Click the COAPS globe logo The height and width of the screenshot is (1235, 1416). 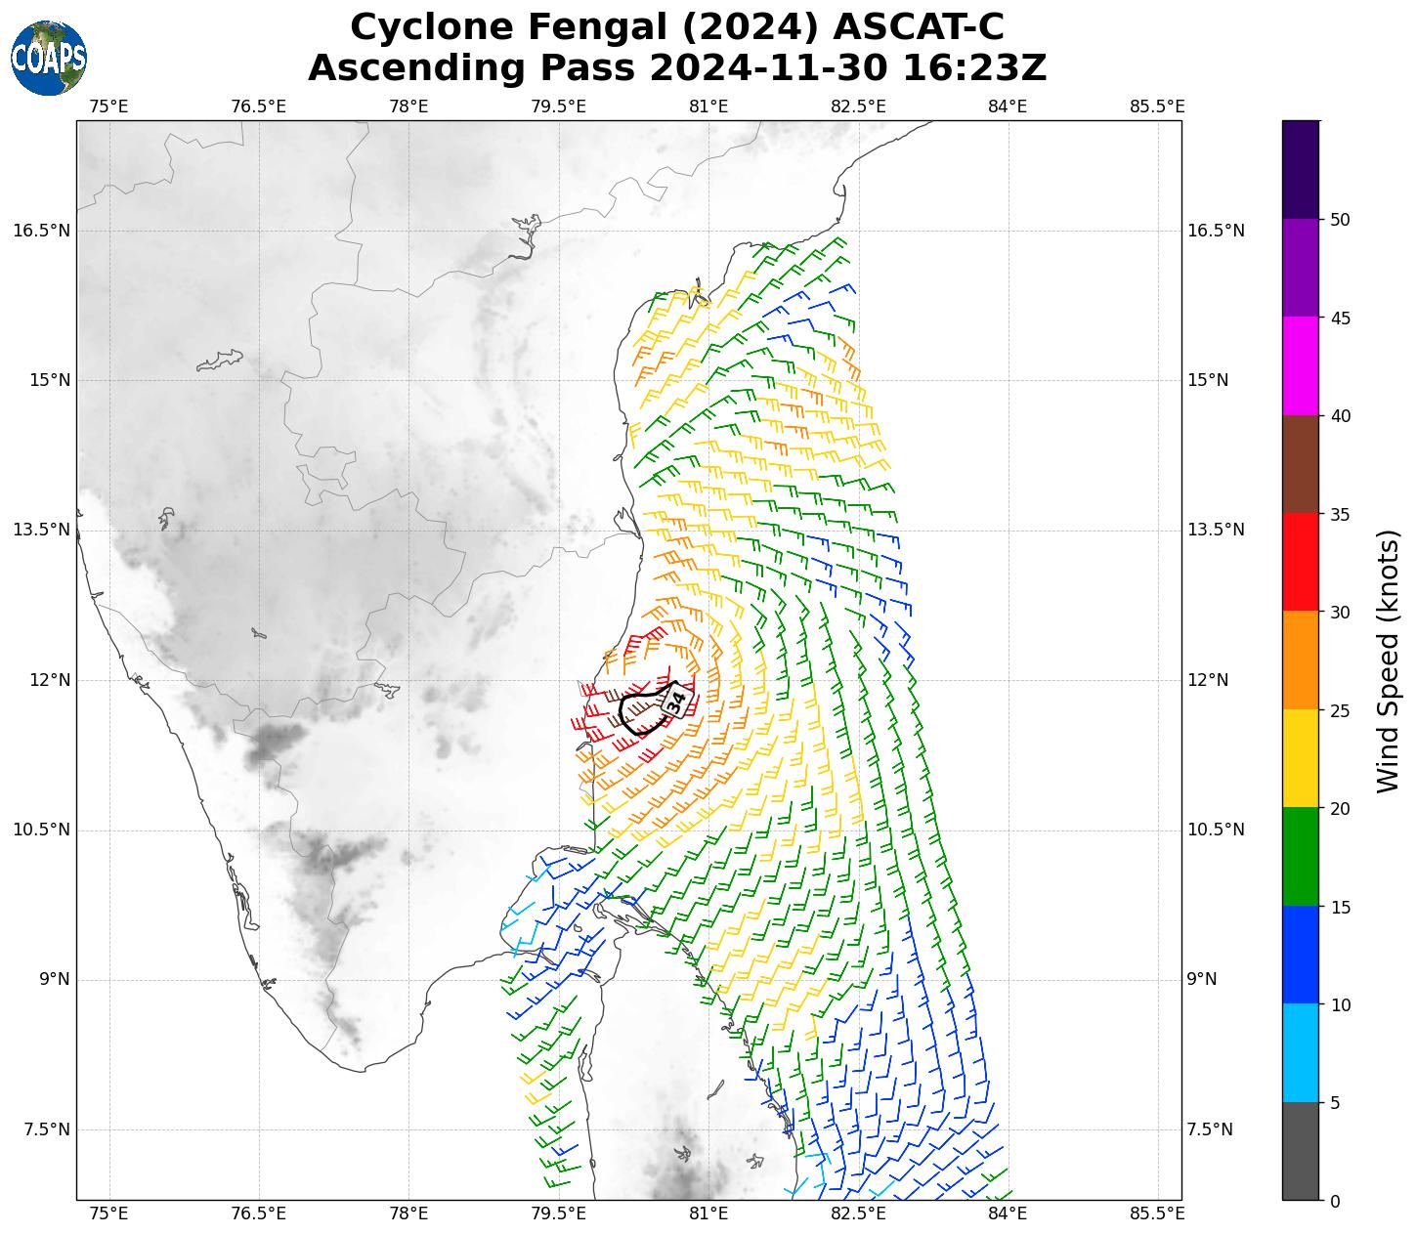(49, 58)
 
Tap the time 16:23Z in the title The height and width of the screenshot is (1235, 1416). (974, 68)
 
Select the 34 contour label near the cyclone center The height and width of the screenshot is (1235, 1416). (675, 701)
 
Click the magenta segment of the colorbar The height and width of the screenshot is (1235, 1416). (1300, 365)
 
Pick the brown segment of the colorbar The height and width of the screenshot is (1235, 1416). (1300, 464)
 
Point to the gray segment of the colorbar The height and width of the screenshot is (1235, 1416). (1300, 1151)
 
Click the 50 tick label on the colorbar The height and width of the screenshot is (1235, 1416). (1341, 219)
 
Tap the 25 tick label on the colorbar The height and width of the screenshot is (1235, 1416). (1341, 710)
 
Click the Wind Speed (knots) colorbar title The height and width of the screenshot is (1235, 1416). (1388, 660)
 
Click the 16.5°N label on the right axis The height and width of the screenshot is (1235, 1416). (1216, 231)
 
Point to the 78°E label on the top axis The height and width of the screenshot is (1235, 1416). (408, 106)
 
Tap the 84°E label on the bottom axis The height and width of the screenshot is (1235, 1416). (1008, 1214)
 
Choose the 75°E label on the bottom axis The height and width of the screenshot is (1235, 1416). (109, 1214)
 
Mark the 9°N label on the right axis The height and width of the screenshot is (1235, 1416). (1202, 979)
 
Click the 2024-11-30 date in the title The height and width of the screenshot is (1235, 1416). (768, 68)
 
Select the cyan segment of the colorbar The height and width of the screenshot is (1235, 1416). (1300, 1052)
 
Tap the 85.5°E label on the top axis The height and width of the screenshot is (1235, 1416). (1157, 106)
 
